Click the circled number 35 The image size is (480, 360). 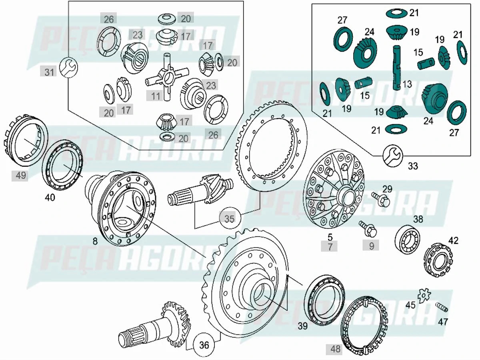pyautogui.click(x=229, y=218)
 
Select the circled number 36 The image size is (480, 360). pyautogui.click(x=204, y=345)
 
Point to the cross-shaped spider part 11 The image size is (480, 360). pyautogui.click(x=167, y=77)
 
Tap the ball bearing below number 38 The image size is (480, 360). pyautogui.click(x=407, y=239)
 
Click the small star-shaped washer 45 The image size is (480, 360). pyautogui.click(x=424, y=295)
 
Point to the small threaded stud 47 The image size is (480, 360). pyautogui.click(x=441, y=308)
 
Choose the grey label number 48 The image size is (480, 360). pyautogui.click(x=335, y=349)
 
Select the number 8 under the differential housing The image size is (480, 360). pyautogui.click(x=95, y=241)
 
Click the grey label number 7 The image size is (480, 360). pyautogui.click(x=330, y=246)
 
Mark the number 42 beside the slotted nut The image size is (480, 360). pyautogui.click(x=453, y=240)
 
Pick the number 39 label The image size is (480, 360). pyautogui.click(x=303, y=326)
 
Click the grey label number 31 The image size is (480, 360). pyautogui.click(x=49, y=72)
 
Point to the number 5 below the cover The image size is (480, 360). pyautogui.click(x=330, y=238)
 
